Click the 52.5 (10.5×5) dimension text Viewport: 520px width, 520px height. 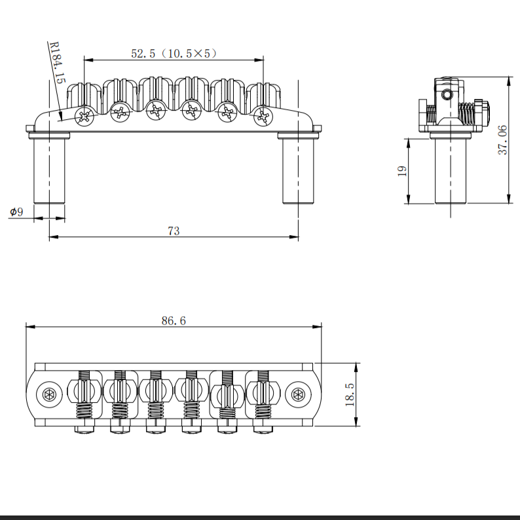(173, 54)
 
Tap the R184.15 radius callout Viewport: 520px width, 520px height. (57, 63)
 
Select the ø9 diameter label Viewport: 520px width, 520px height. (16, 212)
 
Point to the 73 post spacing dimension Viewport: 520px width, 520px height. (174, 231)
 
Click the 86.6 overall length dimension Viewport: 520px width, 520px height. (174, 320)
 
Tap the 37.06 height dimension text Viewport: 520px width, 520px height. (502, 139)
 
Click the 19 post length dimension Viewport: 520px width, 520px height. (402, 171)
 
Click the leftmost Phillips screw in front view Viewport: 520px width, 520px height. (85, 117)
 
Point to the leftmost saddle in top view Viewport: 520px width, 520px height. (85, 393)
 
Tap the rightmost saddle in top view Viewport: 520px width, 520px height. (263, 393)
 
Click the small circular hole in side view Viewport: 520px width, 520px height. (447, 96)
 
